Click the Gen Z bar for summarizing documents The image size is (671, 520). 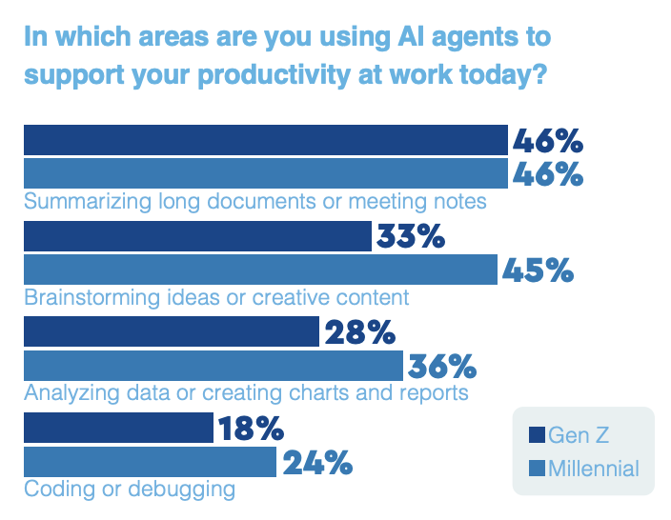(x=266, y=140)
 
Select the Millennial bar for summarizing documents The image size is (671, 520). (x=266, y=173)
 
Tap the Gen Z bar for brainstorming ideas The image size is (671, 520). (x=197, y=236)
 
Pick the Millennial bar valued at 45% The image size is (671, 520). (x=260, y=270)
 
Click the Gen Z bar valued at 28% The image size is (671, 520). (x=172, y=331)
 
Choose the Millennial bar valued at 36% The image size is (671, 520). (x=213, y=366)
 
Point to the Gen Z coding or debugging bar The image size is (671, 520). (x=118, y=428)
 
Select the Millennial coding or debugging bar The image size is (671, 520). (x=151, y=462)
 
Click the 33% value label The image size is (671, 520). (x=411, y=236)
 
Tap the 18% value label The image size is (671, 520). (x=252, y=428)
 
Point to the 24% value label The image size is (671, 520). (x=317, y=463)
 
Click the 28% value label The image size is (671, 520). (x=360, y=332)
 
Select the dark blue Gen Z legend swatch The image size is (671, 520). (x=537, y=435)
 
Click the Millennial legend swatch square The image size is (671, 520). (x=537, y=469)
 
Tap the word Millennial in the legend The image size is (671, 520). (x=594, y=469)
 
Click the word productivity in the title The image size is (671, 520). (x=274, y=75)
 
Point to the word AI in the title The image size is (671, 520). (x=411, y=36)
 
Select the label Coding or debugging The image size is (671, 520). (x=130, y=489)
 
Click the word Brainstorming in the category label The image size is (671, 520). (x=92, y=297)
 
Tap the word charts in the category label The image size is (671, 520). (x=318, y=392)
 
